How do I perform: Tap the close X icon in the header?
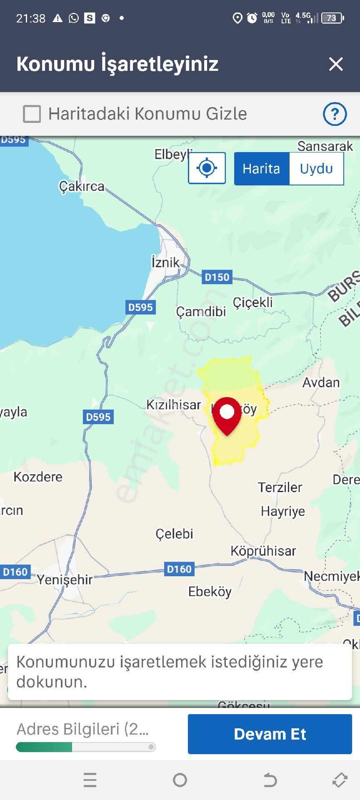(x=335, y=64)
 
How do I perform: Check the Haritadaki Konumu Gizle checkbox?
(x=32, y=114)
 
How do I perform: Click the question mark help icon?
(x=335, y=114)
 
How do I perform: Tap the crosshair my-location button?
(x=207, y=168)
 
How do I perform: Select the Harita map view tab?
(x=262, y=169)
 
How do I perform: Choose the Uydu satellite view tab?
(x=316, y=169)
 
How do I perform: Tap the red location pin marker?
(x=227, y=415)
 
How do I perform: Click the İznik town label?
(x=165, y=262)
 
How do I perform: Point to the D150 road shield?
(x=217, y=277)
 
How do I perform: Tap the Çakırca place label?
(x=82, y=186)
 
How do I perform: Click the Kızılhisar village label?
(x=173, y=404)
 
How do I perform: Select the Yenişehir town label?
(x=65, y=579)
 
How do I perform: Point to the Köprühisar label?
(x=263, y=551)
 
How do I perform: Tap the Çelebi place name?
(x=174, y=533)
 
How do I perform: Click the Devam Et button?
(x=270, y=734)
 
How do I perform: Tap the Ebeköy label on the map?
(x=210, y=591)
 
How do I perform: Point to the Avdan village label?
(x=321, y=382)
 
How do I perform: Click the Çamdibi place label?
(x=201, y=311)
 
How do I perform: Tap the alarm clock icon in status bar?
(x=252, y=18)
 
